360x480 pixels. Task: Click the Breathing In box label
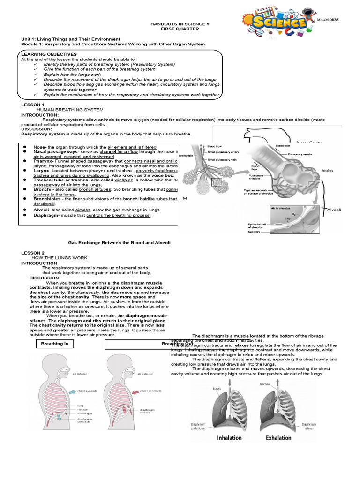coord(54,344)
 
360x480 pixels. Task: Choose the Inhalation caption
coord(229,438)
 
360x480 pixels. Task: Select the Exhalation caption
coord(278,438)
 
